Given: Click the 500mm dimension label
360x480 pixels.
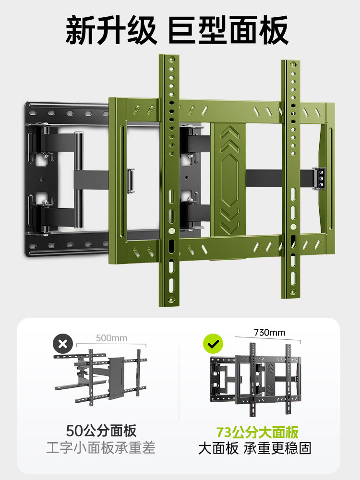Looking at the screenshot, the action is point(111,338).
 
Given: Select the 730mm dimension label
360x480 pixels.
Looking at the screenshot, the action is point(269,333).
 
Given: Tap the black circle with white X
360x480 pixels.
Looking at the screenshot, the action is point(63,344).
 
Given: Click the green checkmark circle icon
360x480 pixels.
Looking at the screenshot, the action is point(214,344).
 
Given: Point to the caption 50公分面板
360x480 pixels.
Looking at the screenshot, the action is point(101,431).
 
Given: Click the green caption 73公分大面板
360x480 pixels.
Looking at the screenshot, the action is point(257,432).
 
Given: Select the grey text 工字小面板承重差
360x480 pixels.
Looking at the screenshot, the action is point(101,447).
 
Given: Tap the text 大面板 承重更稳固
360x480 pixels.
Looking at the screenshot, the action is point(255,448).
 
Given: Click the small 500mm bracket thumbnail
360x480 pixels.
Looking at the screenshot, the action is point(100,377).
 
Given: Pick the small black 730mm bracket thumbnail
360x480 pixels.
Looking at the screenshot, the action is point(256,380).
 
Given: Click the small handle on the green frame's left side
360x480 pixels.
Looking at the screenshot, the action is point(131,180).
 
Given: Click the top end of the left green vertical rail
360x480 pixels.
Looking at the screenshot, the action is point(169,56).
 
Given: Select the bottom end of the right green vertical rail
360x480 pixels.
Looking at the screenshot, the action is point(291,296).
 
